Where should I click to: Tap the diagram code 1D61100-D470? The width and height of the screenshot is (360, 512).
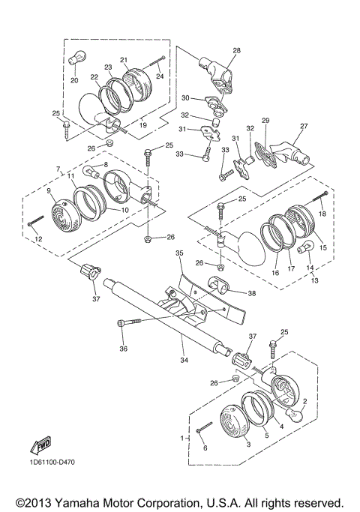click(51, 463)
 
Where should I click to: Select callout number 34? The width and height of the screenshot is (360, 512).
click(184, 360)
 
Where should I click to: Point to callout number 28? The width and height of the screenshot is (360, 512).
click(236, 50)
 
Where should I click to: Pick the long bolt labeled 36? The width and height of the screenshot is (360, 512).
click(129, 322)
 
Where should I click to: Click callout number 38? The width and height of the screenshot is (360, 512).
click(251, 293)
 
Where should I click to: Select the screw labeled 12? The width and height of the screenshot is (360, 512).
click(36, 220)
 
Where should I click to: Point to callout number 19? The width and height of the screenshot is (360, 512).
click(143, 124)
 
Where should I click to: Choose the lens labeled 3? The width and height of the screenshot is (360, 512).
click(234, 421)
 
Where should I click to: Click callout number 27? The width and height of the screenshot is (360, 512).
click(304, 127)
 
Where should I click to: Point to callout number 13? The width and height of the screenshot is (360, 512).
click(314, 280)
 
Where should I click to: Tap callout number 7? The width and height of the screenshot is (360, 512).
click(58, 169)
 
